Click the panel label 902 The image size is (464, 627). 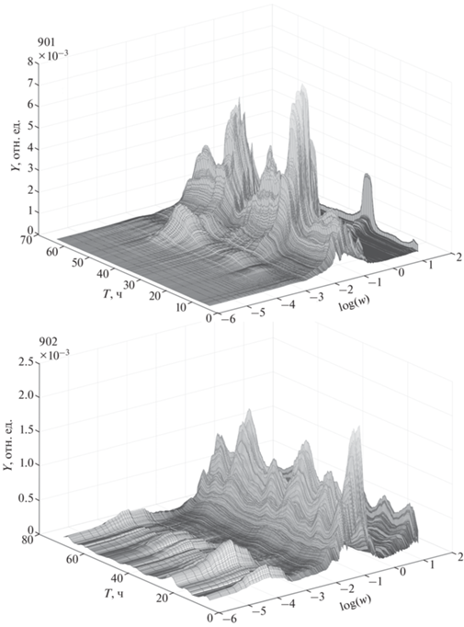(45, 343)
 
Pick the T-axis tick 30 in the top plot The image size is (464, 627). (129, 285)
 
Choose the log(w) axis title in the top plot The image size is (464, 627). (354, 302)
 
